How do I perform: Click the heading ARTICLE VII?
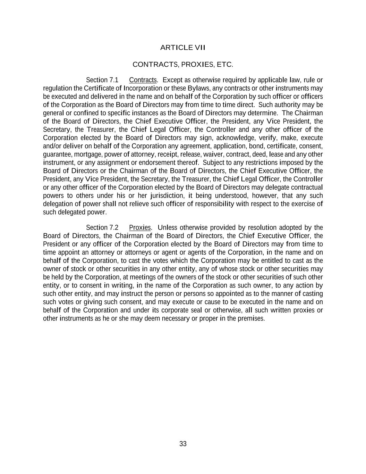click(x=183, y=48)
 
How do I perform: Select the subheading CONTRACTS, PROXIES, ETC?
click(x=183, y=65)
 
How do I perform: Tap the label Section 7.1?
click(x=102, y=80)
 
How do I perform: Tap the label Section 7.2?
click(x=102, y=228)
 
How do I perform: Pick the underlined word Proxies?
click(x=140, y=228)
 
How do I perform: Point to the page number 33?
click(x=183, y=444)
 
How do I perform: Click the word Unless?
click(x=168, y=228)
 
